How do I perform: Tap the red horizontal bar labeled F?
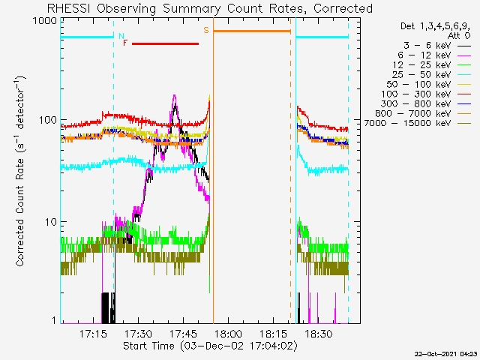[x=165, y=43]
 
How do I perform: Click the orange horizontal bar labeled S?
[x=251, y=31]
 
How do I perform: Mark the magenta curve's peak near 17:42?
[x=175, y=97]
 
